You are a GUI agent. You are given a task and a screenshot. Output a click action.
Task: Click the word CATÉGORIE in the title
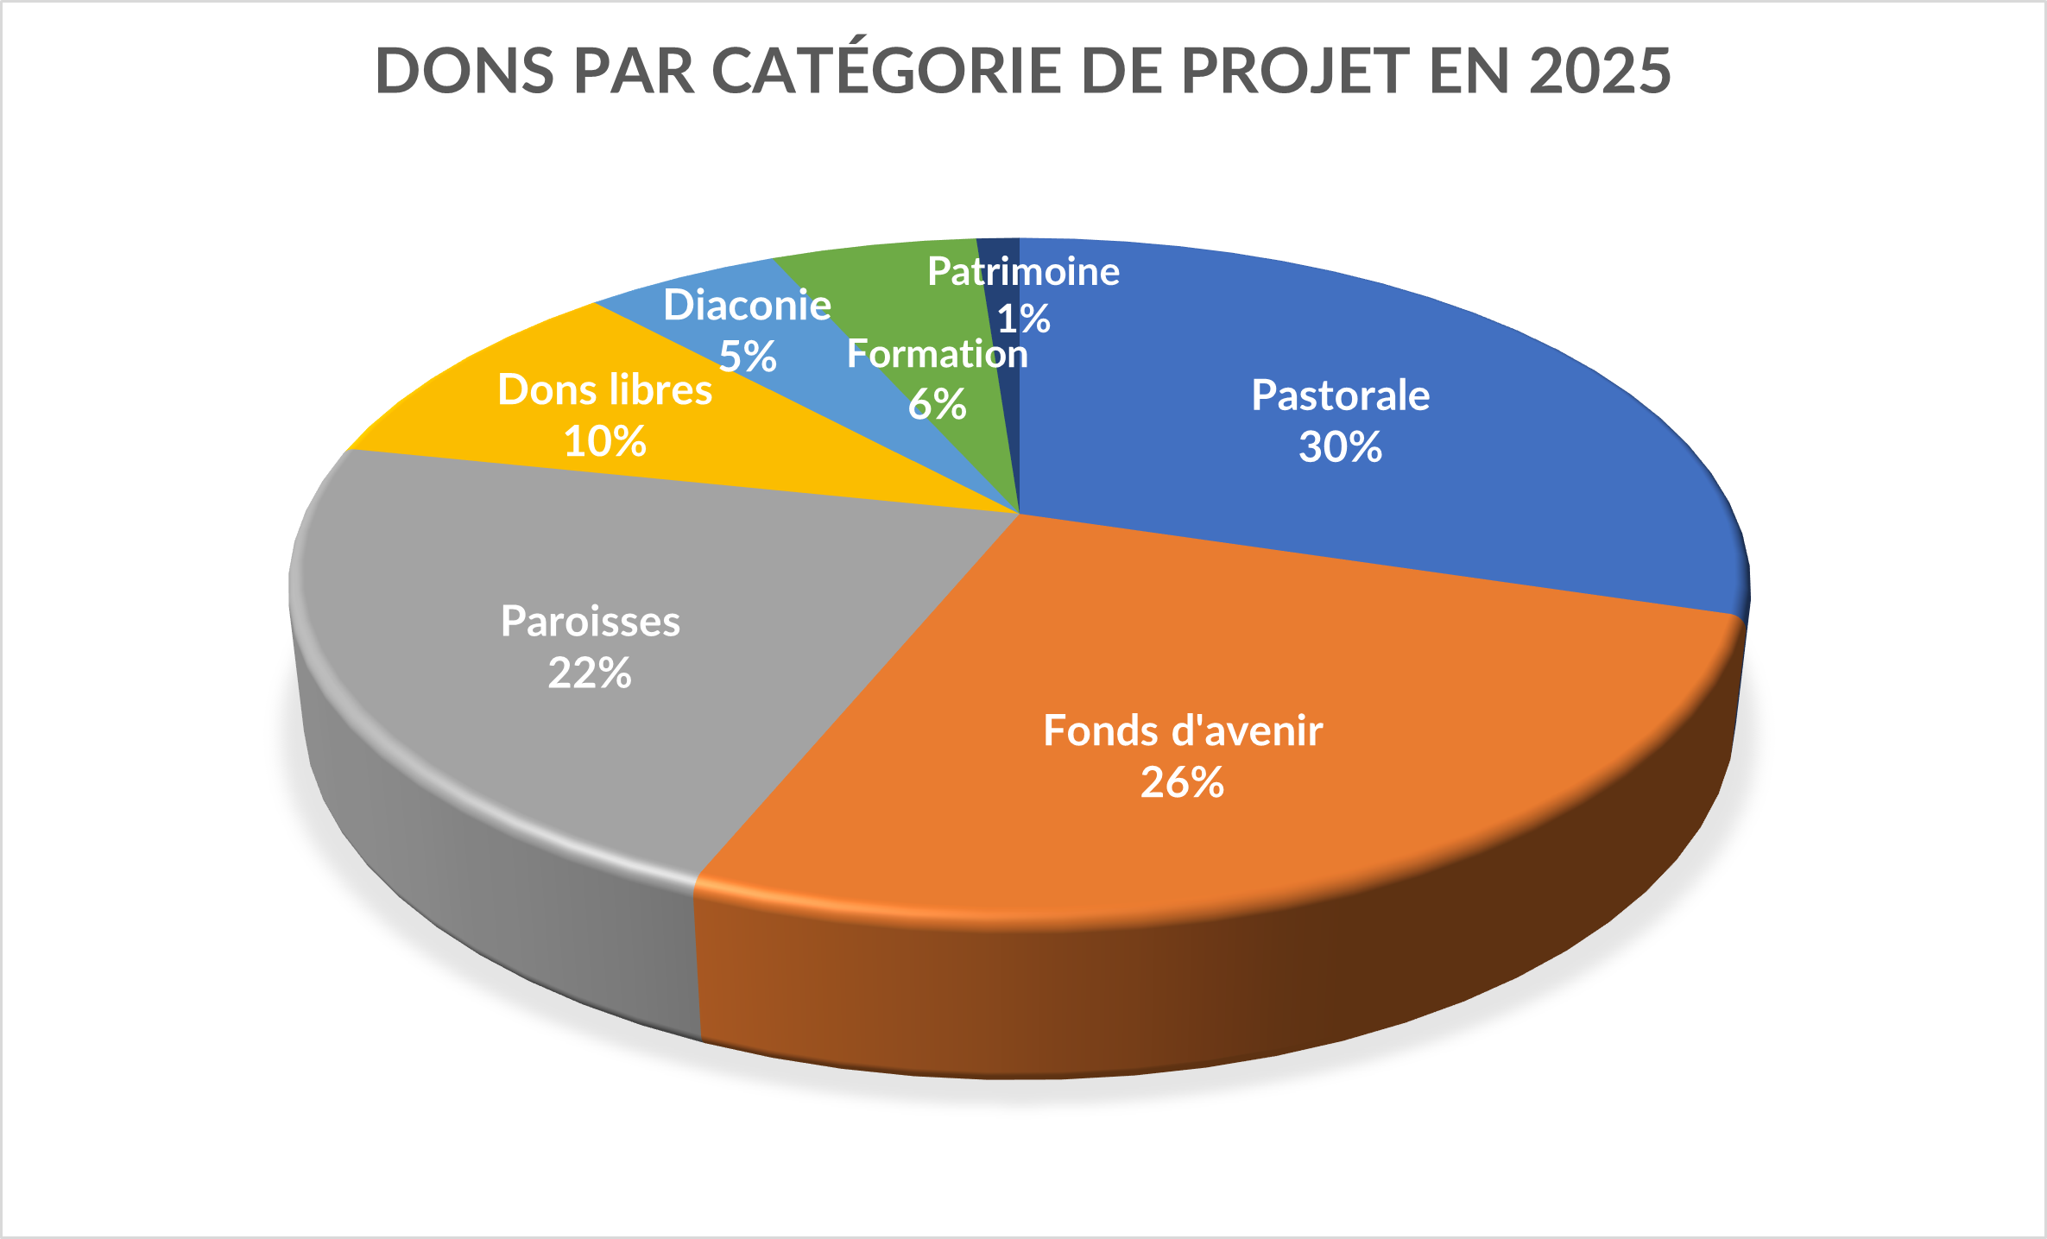click(886, 71)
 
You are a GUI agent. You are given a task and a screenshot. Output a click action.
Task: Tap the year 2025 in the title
click(1600, 71)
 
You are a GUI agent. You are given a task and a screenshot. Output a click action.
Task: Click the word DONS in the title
click(464, 71)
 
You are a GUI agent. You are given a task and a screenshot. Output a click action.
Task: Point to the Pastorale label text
click(1340, 395)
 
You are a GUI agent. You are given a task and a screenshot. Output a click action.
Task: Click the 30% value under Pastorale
click(1340, 447)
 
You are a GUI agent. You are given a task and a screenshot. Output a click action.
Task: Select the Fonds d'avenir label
click(1183, 730)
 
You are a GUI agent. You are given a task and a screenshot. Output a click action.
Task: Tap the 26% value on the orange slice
click(1182, 782)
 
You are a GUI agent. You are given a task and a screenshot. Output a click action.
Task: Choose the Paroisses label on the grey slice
click(591, 622)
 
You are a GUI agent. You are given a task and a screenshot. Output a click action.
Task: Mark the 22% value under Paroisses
click(590, 673)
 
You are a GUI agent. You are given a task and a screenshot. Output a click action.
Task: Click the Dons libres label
click(605, 390)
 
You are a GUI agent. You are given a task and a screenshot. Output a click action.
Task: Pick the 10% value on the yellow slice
click(604, 441)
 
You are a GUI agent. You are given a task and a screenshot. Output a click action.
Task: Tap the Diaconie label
click(747, 306)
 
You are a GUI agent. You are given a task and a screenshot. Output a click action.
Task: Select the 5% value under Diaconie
click(748, 357)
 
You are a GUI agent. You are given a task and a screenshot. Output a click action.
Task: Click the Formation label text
click(937, 354)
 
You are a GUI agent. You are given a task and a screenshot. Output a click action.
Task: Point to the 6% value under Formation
click(937, 404)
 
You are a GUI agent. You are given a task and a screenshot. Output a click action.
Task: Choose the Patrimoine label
click(1023, 272)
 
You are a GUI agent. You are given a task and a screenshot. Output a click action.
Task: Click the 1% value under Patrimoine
click(1024, 319)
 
